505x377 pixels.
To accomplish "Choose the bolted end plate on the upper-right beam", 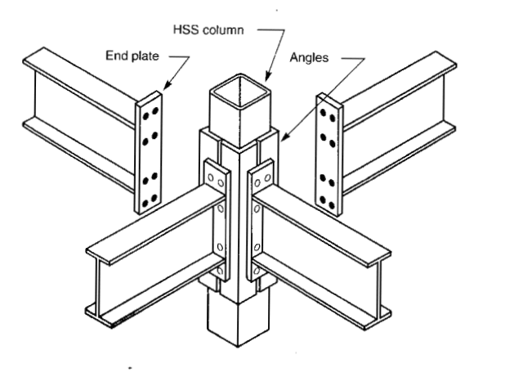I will [328, 152].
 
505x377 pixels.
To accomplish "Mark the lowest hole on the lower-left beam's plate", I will [220, 270].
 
